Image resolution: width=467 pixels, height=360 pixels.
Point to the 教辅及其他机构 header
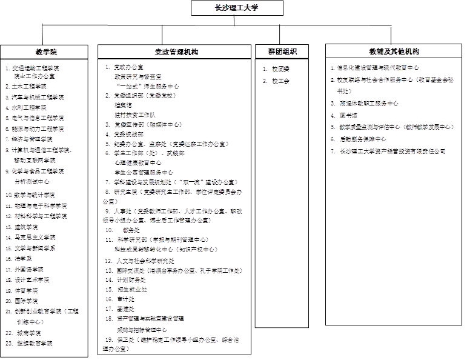pyautogui.click(x=394, y=51)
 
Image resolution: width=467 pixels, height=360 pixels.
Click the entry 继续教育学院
pyautogui.click(x=33, y=344)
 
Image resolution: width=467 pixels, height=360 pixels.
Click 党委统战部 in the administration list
pyautogui.click(x=130, y=134)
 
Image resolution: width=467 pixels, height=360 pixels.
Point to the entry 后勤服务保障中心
pyautogui.click(x=363, y=139)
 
